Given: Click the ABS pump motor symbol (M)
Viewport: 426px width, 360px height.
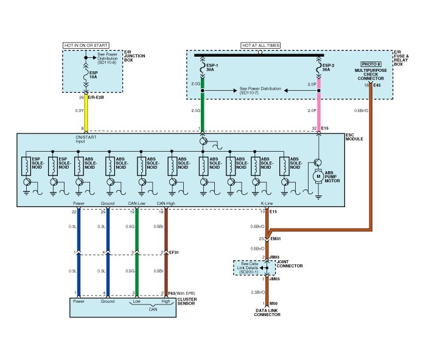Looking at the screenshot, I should coord(316,176).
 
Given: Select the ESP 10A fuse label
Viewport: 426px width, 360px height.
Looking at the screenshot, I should coord(93,76).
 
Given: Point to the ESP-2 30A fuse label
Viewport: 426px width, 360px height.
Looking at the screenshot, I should coord(328,66).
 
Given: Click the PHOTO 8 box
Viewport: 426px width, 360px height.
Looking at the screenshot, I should coord(371,64).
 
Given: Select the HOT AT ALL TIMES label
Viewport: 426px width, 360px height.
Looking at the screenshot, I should coord(260,45).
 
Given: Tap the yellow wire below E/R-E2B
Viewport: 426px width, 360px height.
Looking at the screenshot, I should coord(87,113).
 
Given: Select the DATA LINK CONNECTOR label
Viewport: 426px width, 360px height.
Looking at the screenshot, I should coord(267,312).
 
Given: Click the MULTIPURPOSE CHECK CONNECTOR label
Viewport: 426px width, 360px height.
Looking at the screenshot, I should coord(375,75).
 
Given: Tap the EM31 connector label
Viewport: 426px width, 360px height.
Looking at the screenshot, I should coord(274,238).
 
